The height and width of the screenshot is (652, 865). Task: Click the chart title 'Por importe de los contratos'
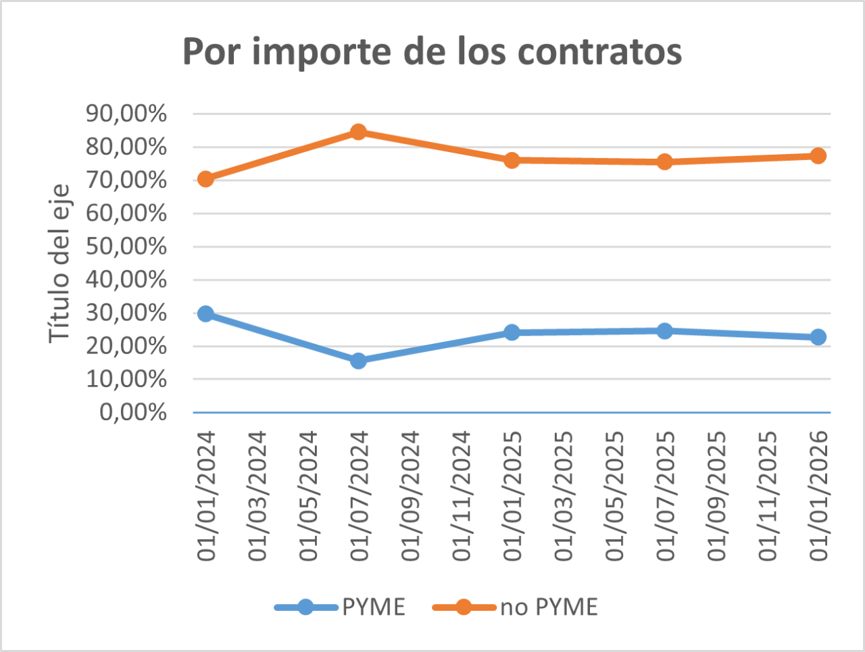point(432,51)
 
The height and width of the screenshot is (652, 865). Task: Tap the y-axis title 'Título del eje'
point(59,264)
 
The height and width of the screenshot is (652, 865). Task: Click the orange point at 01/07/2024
point(359,132)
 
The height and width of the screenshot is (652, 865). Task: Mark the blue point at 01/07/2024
point(359,361)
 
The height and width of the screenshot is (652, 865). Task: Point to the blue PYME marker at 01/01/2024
point(206,314)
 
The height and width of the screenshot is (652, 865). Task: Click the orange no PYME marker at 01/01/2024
point(206,179)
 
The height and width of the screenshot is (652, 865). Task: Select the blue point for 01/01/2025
point(512,332)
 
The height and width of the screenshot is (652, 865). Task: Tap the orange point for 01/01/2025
point(512,160)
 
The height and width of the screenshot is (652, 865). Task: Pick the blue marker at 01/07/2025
point(665,331)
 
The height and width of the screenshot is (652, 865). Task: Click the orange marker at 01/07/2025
point(665,161)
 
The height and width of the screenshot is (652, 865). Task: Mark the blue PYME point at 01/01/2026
point(818,337)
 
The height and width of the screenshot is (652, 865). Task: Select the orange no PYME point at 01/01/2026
point(818,156)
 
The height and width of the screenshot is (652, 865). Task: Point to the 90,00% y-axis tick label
point(126,114)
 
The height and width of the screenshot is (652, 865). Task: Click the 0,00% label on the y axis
point(133,411)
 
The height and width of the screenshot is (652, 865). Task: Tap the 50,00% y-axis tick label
point(126,246)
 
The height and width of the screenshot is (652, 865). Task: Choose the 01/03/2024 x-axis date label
point(257,497)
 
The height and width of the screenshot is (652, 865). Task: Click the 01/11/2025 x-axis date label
point(768,497)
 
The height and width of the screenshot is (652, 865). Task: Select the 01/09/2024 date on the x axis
point(410,497)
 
